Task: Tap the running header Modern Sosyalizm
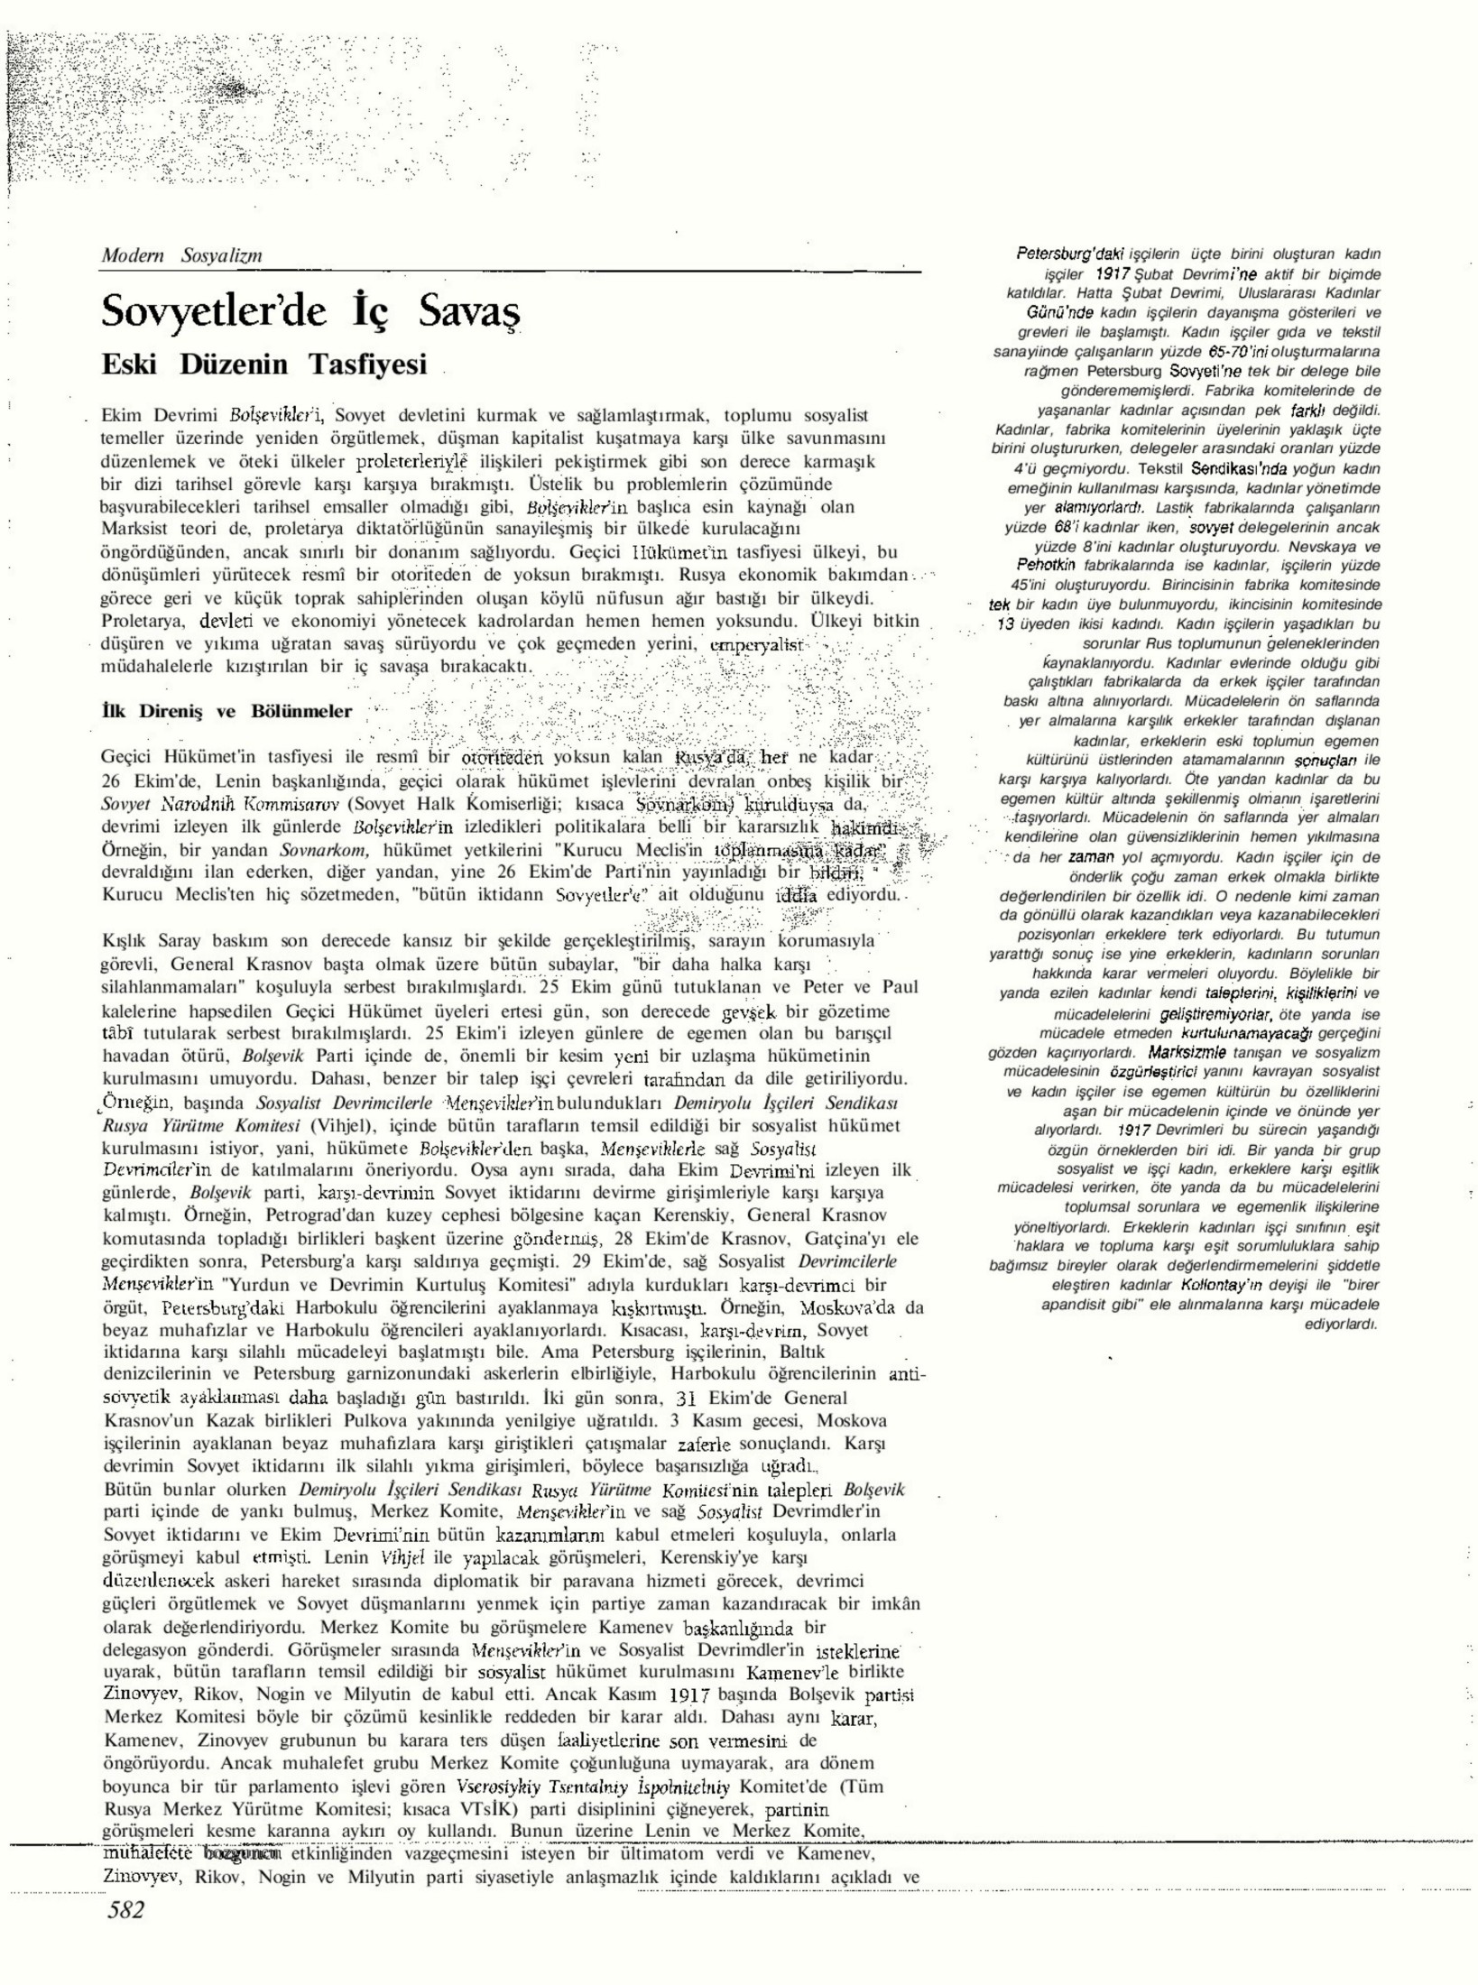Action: click(x=181, y=255)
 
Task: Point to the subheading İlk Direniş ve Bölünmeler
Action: click(x=227, y=711)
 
